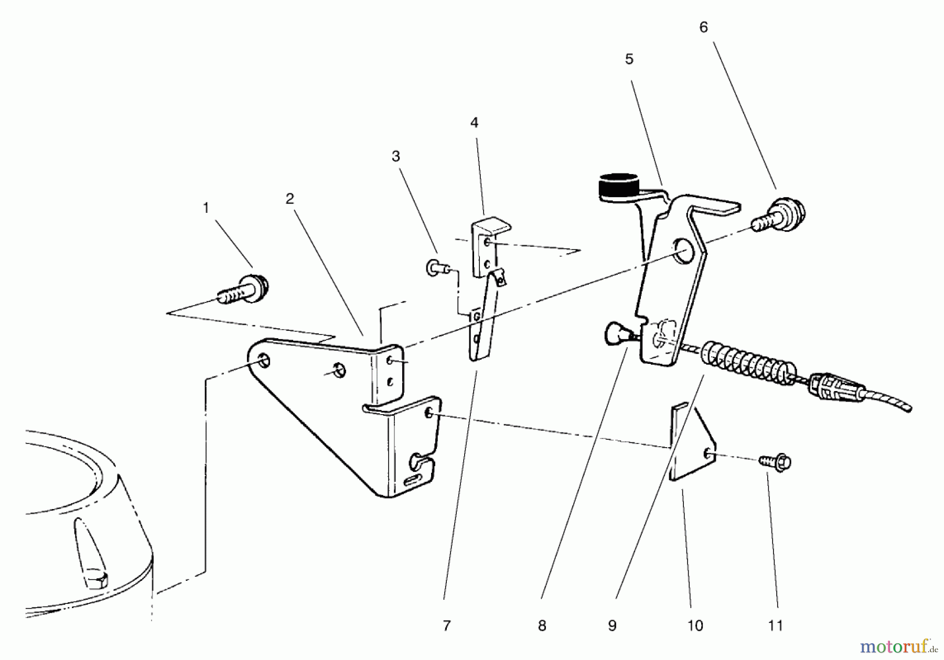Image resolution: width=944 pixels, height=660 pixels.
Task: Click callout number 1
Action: pos(206,209)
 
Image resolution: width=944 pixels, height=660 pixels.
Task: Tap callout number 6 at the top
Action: pos(703,27)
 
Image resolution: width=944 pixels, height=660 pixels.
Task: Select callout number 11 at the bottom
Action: pos(775,625)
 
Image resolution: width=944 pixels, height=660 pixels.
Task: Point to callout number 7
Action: pos(446,625)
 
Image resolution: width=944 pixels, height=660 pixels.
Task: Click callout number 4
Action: pos(474,123)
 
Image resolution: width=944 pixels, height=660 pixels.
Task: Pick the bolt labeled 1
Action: pos(245,291)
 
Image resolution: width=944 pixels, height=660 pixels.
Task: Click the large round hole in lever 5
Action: pos(684,251)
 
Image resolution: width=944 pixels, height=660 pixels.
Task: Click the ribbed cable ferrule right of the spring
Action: pos(834,388)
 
